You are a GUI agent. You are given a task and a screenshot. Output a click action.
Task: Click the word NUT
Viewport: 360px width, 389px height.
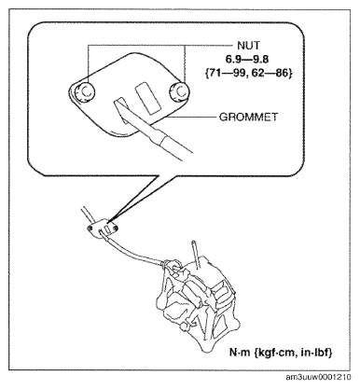(248, 46)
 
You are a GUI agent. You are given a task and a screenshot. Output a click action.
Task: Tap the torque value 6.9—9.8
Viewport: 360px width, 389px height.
(248, 60)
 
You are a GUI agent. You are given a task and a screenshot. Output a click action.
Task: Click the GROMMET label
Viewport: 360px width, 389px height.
(248, 118)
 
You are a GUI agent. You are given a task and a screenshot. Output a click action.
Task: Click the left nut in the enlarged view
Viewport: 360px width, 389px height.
(84, 91)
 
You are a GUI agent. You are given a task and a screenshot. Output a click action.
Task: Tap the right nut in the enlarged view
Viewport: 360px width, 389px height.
(178, 91)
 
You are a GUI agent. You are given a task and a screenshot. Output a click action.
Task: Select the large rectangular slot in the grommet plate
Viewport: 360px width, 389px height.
(148, 98)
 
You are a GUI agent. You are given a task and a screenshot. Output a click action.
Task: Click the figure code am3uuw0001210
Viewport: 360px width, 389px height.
(318, 377)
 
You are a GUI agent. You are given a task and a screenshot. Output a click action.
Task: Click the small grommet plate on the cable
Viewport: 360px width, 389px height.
(103, 229)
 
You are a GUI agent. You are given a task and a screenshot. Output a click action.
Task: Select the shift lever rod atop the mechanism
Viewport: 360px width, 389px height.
(197, 255)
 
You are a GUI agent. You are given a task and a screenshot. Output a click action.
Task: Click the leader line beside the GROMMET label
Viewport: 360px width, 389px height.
(190, 118)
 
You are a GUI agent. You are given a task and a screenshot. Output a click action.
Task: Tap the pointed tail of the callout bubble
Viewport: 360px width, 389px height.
(109, 222)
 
